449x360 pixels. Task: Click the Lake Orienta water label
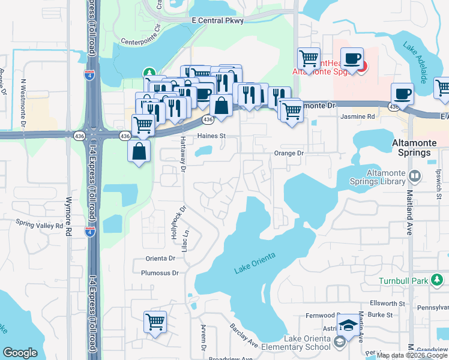click(255, 263)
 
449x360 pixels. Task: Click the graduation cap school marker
click(348, 326)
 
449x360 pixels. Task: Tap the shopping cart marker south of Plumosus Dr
click(155, 322)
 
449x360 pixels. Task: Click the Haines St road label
click(211, 136)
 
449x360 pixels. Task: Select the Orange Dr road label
click(290, 153)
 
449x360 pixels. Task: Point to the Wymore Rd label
click(68, 215)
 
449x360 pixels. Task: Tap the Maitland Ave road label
click(410, 212)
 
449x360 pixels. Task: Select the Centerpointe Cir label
click(141, 42)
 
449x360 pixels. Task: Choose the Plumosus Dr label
click(160, 273)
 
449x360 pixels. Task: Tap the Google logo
click(20, 353)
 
